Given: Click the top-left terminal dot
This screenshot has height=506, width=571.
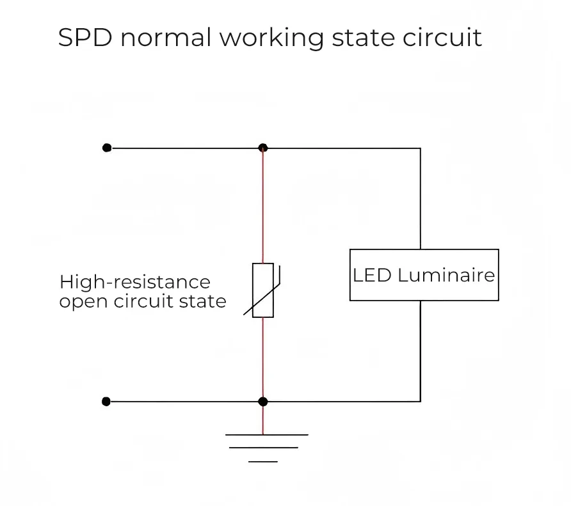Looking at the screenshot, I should pos(107,148).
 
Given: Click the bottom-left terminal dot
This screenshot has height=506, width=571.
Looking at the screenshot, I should pos(106,402).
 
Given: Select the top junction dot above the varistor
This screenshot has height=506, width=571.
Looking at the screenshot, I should pos(262,148).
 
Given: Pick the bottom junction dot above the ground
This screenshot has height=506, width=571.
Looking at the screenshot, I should pos(262,402).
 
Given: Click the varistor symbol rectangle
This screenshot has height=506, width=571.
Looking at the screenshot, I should pos(263,290).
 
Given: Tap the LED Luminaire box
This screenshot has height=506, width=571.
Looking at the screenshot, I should pos(424,275).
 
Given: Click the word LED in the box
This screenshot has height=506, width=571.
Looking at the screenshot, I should pos(372,275).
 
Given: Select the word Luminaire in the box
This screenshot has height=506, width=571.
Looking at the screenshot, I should pos(446,275).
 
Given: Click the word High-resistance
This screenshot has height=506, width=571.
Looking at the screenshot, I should pos(134,282).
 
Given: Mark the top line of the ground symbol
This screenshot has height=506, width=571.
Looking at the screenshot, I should pos(266,435).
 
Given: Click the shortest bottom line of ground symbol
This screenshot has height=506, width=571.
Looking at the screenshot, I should pos(263,461).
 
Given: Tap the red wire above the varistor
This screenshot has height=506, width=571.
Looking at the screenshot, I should pos(262,205).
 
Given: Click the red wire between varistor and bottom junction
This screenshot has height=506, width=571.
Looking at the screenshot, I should pos(262,358).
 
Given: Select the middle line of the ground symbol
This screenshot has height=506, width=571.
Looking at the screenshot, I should pos(264,448).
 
